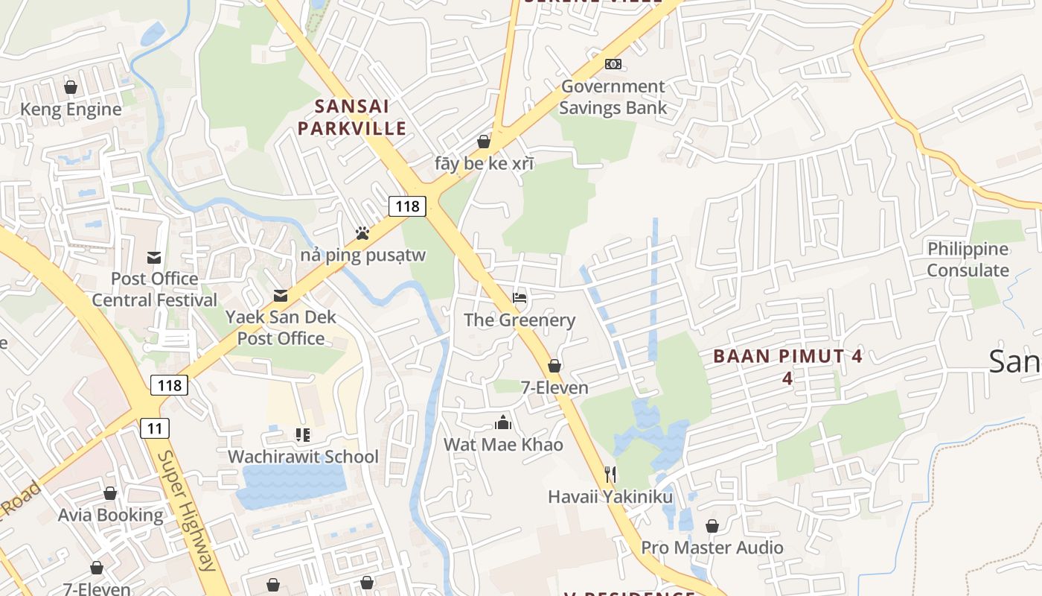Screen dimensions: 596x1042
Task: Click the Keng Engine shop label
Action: tap(71, 110)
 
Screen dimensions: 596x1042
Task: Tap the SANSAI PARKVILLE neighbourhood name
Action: tap(352, 117)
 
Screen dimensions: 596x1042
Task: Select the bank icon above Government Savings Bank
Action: tap(613, 64)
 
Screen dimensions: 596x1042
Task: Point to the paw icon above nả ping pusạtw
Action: tap(362, 233)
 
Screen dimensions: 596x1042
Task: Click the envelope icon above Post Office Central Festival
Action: tap(154, 258)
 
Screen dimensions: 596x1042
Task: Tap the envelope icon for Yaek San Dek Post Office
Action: tap(281, 296)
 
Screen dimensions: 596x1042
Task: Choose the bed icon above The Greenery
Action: tap(520, 299)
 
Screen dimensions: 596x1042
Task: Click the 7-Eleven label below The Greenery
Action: tap(554, 387)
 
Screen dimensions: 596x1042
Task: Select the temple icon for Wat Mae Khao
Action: tap(503, 423)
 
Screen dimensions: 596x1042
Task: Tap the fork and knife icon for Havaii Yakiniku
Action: tap(610, 475)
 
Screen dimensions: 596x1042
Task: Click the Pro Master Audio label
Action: tap(712, 548)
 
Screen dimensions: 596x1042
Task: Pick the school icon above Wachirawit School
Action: tap(302, 435)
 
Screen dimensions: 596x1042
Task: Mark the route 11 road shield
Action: tap(155, 428)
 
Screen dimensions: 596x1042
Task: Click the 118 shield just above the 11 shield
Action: tap(170, 385)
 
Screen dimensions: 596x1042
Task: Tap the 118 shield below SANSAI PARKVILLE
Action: tap(407, 206)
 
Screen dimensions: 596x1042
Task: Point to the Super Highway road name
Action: tap(187, 510)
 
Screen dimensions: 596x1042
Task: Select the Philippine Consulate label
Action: tap(968, 259)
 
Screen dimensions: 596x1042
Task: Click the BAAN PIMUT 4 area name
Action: tap(787, 356)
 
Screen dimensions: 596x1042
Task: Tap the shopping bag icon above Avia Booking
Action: tap(110, 494)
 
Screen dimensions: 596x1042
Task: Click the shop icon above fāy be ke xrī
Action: tap(484, 142)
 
